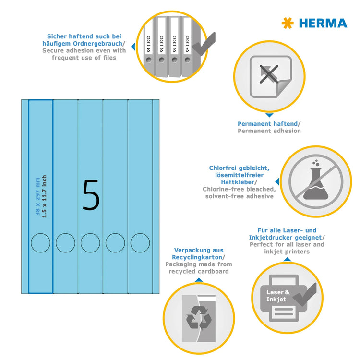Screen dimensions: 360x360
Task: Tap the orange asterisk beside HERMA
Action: (x=288, y=23)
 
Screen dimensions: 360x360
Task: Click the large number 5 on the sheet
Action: (x=91, y=195)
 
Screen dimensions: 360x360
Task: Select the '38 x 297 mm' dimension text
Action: (x=38, y=196)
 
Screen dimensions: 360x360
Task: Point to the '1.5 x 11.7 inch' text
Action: (x=45, y=196)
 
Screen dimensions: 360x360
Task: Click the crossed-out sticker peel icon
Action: (x=270, y=77)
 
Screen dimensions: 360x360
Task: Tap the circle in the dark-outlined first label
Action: (x=40, y=242)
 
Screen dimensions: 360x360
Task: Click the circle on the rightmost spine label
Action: (x=140, y=242)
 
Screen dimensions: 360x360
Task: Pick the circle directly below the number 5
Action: (x=90, y=242)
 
